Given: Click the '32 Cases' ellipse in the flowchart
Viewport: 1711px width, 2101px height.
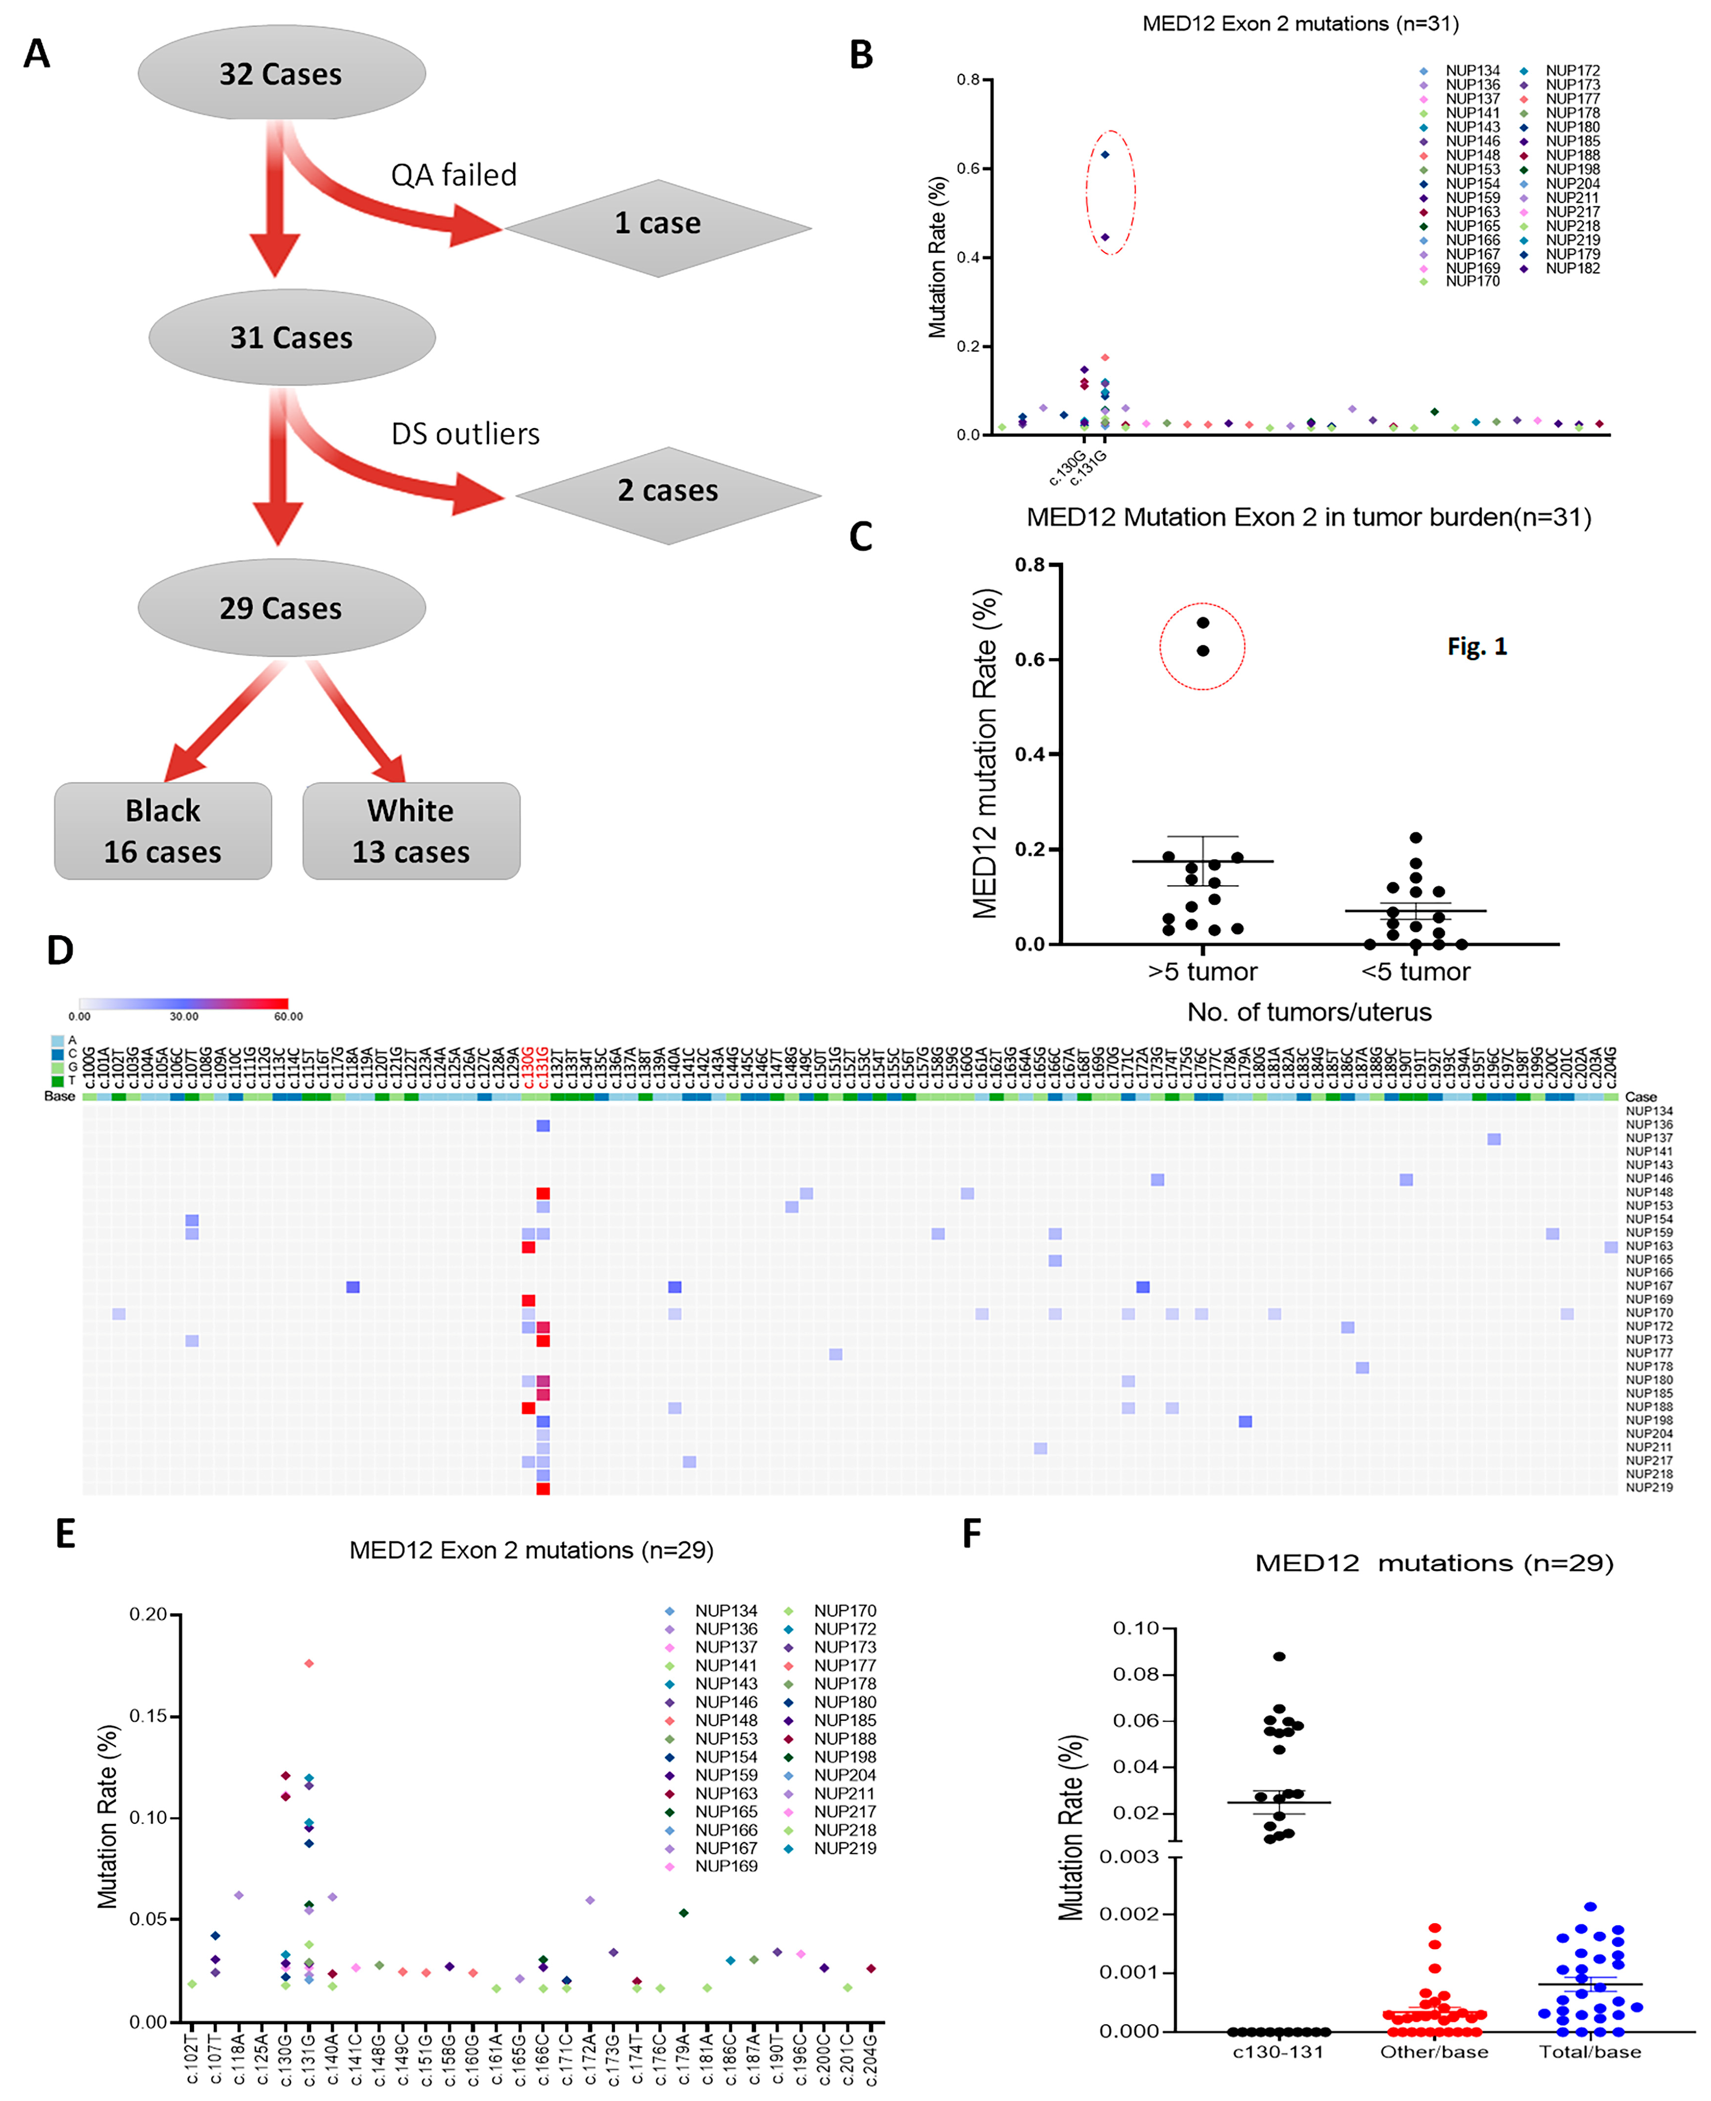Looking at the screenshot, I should pyautogui.click(x=281, y=74).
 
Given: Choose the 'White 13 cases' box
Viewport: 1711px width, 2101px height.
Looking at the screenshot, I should pyautogui.click(x=411, y=831).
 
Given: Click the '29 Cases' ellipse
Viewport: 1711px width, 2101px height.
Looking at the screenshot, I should pyautogui.click(x=281, y=608).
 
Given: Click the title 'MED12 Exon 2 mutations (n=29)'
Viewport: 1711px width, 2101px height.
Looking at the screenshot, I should pyautogui.click(x=531, y=1550).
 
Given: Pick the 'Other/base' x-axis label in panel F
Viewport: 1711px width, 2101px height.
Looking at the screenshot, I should pyautogui.click(x=1434, y=2052).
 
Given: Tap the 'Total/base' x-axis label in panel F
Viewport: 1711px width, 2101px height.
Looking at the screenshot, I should pyautogui.click(x=1590, y=2052).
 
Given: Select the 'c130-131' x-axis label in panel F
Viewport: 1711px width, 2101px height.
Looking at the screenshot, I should pyautogui.click(x=1278, y=2052).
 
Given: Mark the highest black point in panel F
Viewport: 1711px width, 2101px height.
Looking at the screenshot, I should pyautogui.click(x=1279, y=1657).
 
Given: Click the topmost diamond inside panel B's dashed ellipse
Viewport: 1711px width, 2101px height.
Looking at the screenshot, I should pyautogui.click(x=1105, y=155).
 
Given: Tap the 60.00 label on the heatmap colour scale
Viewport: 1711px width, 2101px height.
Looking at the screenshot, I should pyautogui.click(x=288, y=1016).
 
